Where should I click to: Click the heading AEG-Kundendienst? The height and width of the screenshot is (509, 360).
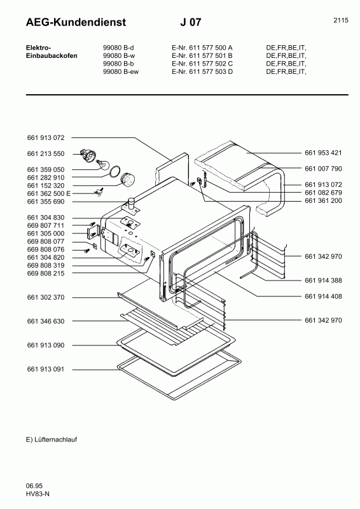[76, 22]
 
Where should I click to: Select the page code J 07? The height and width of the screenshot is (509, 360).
[191, 22]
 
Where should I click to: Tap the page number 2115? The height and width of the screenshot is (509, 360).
[341, 20]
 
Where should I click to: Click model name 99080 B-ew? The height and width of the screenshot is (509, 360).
[121, 72]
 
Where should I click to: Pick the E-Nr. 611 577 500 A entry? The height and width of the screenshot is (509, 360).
[202, 48]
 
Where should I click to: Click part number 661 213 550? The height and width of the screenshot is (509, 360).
[46, 153]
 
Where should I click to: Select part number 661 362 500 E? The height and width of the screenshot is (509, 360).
[49, 193]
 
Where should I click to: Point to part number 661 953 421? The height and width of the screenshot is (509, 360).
[323, 153]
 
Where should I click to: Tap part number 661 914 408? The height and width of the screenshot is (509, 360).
[323, 296]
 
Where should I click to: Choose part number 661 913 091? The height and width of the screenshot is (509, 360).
[46, 369]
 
